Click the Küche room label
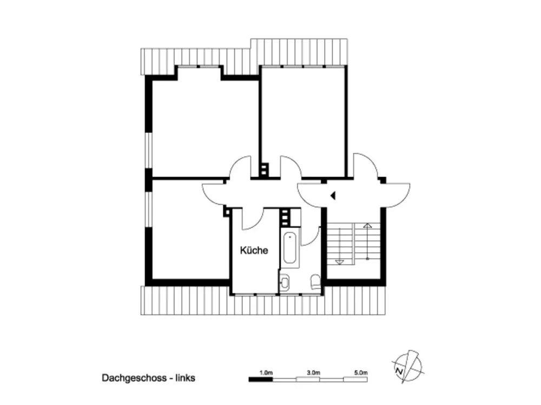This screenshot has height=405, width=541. [254, 251]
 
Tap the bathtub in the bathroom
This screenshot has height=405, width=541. [289, 248]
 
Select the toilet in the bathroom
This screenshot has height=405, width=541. [315, 281]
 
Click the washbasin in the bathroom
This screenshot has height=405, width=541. [285, 282]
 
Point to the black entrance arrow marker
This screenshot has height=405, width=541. [333, 195]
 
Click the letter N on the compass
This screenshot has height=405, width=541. [399, 372]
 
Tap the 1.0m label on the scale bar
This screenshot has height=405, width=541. [266, 373]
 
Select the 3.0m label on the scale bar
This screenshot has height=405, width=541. [313, 373]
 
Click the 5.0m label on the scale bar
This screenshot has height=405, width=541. [360, 373]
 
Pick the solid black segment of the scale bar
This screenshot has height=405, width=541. [261, 380]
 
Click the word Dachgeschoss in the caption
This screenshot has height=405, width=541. [134, 378]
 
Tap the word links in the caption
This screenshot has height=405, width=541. [185, 378]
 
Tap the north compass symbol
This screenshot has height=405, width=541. [408, 367]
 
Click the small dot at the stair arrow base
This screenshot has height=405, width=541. [367, 258]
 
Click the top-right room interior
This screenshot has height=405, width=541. [304, 120]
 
